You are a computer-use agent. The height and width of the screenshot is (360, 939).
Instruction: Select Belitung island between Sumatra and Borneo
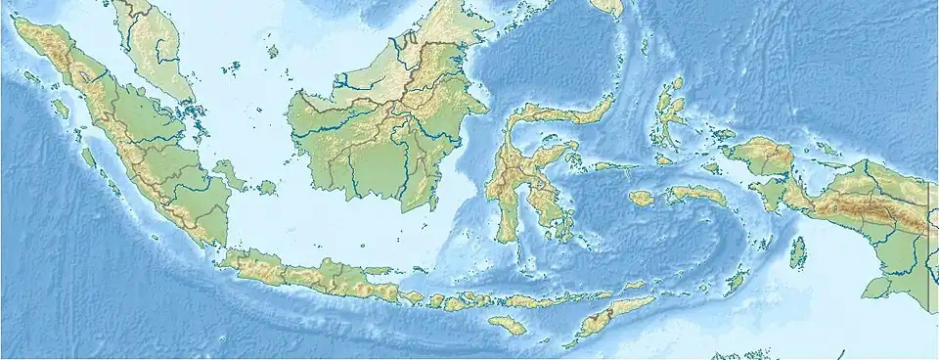pos(265,187)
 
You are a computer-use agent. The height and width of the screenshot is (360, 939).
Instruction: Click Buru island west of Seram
pos(642,198)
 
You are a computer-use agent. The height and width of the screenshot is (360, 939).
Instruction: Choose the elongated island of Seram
pos(696,195)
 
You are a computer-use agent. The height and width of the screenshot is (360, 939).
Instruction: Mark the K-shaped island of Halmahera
pos(673,113)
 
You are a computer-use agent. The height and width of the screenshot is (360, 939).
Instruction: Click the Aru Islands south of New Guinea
pos(798,252)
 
